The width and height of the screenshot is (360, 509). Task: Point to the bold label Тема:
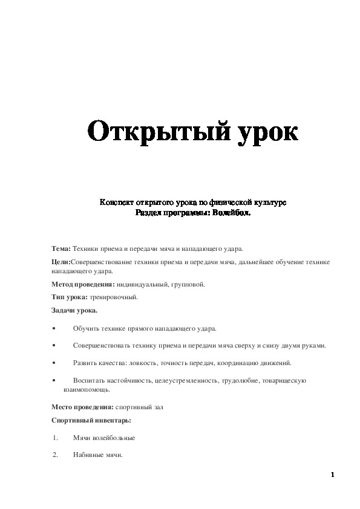(61, 248)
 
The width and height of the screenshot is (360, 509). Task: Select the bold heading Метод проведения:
(80, 284)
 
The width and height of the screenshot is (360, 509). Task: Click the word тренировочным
(114, 297)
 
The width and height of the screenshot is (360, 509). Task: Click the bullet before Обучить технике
(54, 328)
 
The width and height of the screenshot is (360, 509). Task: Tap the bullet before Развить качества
(54, 363)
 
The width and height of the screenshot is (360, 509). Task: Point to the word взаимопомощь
(83, 390)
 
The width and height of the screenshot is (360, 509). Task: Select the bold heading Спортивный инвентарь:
(91, 420)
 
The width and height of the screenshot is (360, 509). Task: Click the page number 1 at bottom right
(332, 474)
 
